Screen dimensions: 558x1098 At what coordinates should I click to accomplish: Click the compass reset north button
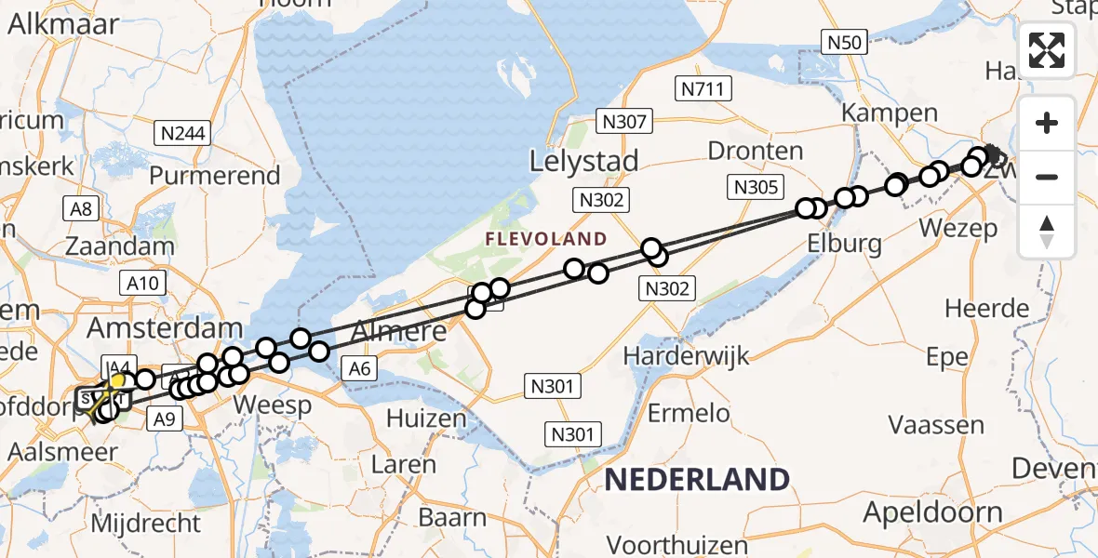click(1047, 232)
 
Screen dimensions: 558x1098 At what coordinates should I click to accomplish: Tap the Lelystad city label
click(583, 161)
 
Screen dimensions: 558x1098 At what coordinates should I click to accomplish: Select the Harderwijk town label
click(686, 355)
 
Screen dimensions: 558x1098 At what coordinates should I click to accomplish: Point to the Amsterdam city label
click(165, 328)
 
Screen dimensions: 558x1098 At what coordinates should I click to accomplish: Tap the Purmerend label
click(214, 175)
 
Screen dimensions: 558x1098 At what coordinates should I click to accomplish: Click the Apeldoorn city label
click(932, 511)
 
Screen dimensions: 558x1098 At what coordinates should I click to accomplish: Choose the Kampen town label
click(889, 113)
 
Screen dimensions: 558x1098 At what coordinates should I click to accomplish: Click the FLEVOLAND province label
click(545, 239)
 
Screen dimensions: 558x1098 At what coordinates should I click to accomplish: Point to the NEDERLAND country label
click(697, 480)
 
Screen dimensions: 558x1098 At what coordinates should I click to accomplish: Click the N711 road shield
click(703, 88)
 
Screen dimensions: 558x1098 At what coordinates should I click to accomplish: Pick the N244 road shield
click(182, 134)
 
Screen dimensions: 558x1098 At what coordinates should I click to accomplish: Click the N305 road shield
click(756, 187)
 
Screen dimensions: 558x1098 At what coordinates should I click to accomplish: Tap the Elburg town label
click(846, 245)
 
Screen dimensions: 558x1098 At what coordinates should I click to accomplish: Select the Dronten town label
click(755, 151)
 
